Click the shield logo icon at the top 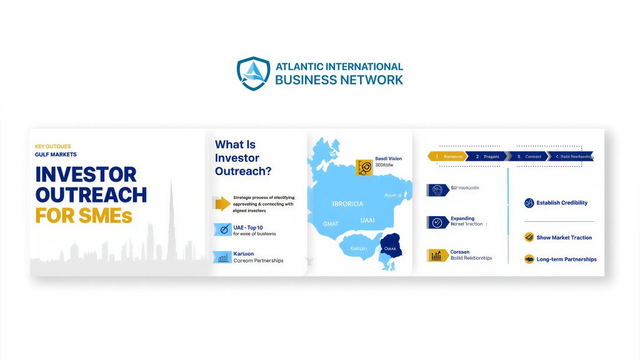click(253, 74)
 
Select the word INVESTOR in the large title click(86, 174)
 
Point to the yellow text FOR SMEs click(84, 216)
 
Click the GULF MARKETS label click(56, 154)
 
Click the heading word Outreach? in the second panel click(247, 171)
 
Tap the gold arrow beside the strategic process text click(221, 204)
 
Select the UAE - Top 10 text click(248, 226)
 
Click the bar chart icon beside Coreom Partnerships click(222, 257)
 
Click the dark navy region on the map click(392, 246)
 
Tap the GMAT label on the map click(331, 223)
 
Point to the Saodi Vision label click(388, 159)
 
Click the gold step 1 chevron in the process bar click(447, 157)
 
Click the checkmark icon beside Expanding click(437, 222)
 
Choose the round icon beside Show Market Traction click(529, 237)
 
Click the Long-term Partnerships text click(566, 259)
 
